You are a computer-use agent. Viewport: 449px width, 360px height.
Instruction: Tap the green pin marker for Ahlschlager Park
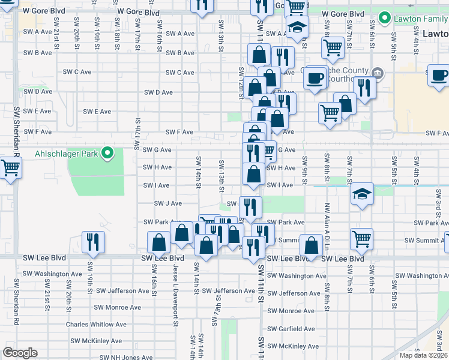(x=107, y=154)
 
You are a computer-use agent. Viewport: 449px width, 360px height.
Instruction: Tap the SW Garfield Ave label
(x=291, y=329)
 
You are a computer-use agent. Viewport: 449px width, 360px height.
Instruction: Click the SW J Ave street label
(x=168, y=203)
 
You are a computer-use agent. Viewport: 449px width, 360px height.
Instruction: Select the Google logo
(x=20, y=353)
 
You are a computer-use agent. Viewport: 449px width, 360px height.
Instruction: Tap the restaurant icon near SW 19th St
(x=93, y=241)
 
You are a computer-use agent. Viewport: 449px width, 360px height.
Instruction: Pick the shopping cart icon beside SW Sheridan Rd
(x=10, y=168)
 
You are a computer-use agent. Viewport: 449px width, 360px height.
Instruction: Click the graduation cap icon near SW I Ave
(x=362, y=193)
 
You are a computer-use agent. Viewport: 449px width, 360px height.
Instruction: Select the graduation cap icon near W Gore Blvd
(x=296, y=27)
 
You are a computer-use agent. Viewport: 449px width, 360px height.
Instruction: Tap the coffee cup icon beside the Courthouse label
(x=315, y=77)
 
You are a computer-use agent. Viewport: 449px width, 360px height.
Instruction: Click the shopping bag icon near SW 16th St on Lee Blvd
(x=159, y=242)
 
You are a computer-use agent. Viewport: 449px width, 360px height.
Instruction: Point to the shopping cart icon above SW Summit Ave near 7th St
(x=361, y=238)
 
